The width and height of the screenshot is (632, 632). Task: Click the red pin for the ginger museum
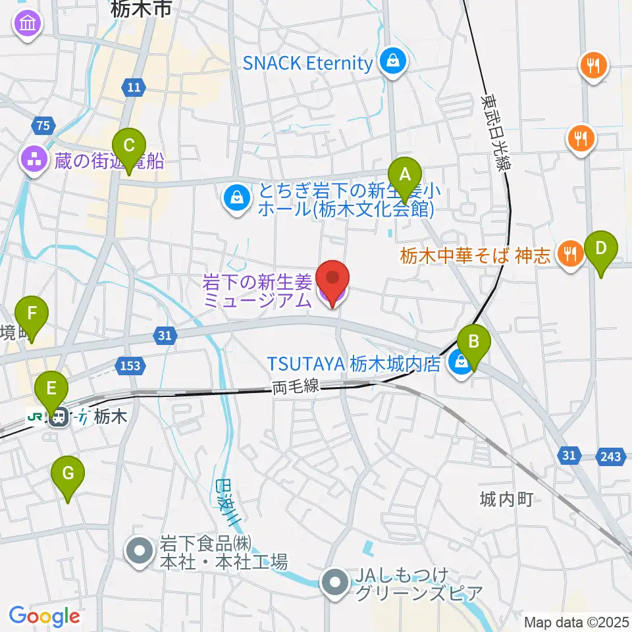332,280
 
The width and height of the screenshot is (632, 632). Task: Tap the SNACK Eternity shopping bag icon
393,63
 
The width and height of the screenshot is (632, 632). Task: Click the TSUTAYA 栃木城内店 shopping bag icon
460,363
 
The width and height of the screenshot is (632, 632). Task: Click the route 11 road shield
134,87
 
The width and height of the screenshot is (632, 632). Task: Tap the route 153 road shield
130,365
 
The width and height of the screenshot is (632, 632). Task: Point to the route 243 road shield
610,456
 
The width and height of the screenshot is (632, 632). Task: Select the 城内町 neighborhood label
506,500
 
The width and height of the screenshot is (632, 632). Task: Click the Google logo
44,617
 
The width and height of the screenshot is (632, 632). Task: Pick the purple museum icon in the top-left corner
28,24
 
